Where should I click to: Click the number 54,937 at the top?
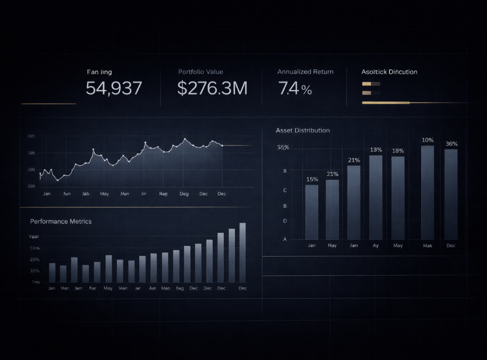(114, 88)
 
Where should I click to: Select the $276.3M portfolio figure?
(212, 88)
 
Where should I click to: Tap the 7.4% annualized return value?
(295, 89)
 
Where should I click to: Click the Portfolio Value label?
(201, 72)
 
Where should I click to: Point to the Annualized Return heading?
(305, 72)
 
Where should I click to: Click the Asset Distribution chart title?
(303, 131)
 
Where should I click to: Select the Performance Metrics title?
(61, 221)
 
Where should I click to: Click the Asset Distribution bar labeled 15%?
(312, 212)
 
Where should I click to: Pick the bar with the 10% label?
(427, 192)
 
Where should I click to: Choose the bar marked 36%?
(451, 194)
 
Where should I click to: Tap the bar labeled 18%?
(398, 197)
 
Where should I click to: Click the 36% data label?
(451, 144)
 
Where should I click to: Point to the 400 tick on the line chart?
(31, 136)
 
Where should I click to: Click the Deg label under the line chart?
(184, 194)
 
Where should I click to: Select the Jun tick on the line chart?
(66, 194)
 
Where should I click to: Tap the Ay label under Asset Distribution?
(376, 245)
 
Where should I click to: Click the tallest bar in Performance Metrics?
(242, 252)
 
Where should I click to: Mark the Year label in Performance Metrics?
(34, 236)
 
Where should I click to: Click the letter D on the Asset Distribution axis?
(285, 221)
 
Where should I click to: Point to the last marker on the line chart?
(222, 146)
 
